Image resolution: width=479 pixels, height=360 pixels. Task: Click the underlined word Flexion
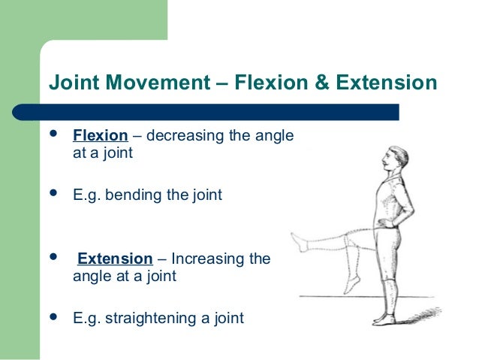point(99,137)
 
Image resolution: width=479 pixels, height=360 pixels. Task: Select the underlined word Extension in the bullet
point(115,259)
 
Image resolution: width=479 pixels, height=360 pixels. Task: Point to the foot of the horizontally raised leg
point(299,242)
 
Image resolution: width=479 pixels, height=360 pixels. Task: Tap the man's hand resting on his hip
point(384,222)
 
